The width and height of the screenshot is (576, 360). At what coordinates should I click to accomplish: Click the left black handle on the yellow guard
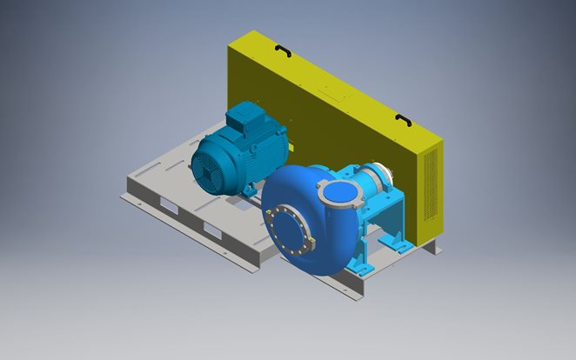coord(282,52)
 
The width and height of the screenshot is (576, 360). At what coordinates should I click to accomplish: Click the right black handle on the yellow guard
coord(403,119)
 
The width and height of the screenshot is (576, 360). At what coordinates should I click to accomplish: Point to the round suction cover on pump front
coord(290,230)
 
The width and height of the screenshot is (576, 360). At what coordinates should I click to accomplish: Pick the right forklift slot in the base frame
coord(212,229)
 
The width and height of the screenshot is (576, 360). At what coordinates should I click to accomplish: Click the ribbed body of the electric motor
coord(261,152)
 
